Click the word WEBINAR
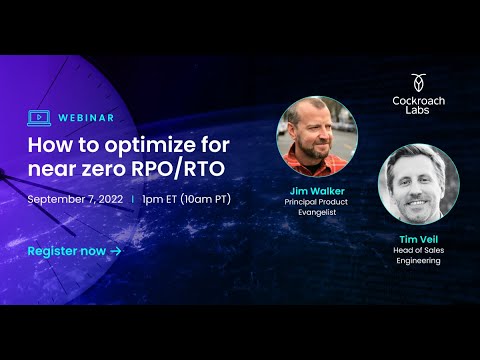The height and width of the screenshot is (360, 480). point(83,117)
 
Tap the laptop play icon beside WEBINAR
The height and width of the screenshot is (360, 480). point(40,117)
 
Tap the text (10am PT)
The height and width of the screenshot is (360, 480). point(206,199)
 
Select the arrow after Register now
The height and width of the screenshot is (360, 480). point(116,250)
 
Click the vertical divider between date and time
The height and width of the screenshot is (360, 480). point(133,199)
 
